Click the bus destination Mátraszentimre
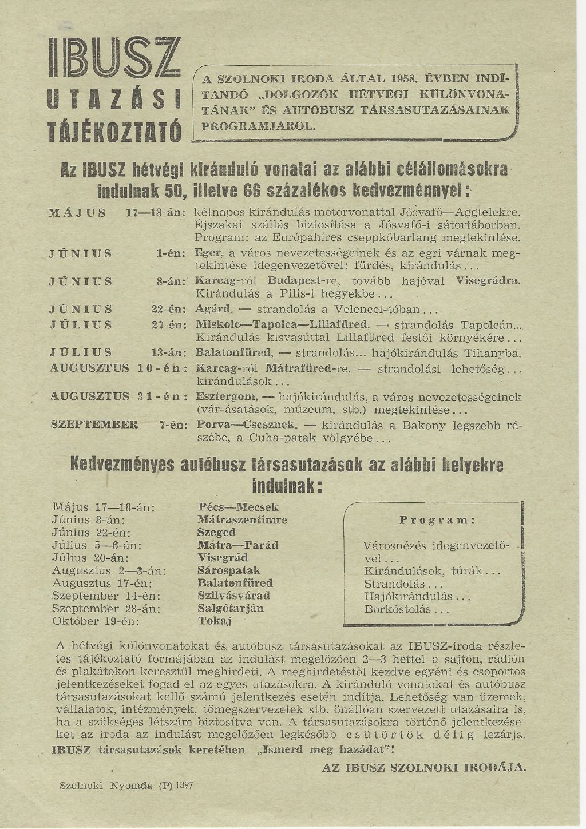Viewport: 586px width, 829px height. [x=242, y=520]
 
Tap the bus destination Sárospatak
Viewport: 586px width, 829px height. [x=228, y=570]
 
